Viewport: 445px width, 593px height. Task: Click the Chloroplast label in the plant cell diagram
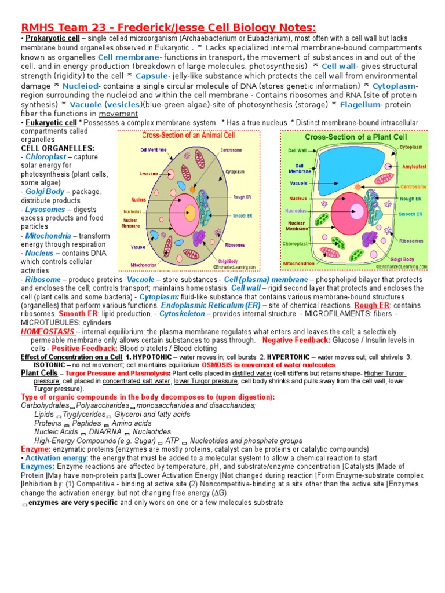pyautogui.click(x=294, y=244)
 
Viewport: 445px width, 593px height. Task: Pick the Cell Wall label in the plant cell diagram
pyautogui.click(x=297, y=150)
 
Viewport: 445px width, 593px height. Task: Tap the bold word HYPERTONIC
pyautogui.click(x=291, y=357)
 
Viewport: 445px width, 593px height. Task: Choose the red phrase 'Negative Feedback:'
pyautogui.click(x=296, y=340)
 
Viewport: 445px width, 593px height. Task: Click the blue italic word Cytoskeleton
pyautogui.click(x=182, y=313)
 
